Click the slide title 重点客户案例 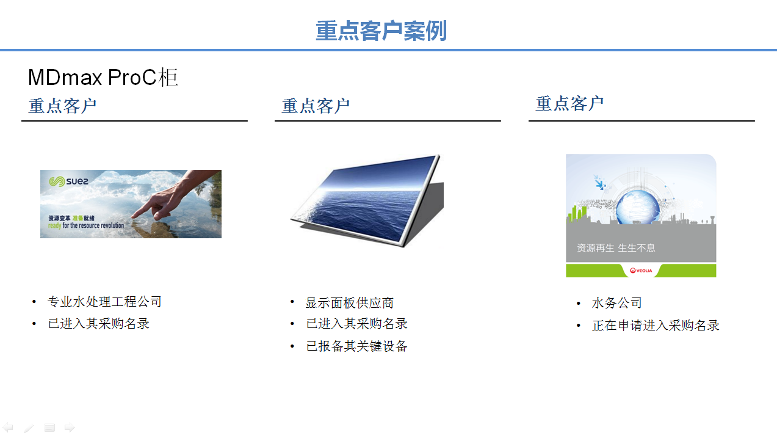click(x=381, y=31)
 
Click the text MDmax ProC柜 click(x=103, y=77)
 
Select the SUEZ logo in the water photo click(x=68, y=181)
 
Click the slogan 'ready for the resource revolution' click(x=86, y=225)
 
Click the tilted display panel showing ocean click(x=367, y=200)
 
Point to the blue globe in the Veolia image click(x=638, y=208)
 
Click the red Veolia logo click(x=641, y=271)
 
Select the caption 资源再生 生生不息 click(x=616, y=248)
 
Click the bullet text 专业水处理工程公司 click(x=104, y=302)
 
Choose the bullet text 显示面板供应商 click(x=349, y=302)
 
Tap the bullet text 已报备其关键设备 click(x=356, y=346)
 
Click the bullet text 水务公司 click(x=616, y=302)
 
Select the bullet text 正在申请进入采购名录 click(x=656, y=325)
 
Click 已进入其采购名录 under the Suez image click(x=98, y=324)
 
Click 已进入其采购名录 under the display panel click(x=356, y=324)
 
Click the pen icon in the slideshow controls click(x=29, y=428)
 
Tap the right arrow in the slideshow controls click(x=70, y=428)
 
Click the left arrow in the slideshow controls click(x=8, y=428)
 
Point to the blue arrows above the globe click(x=599, y=182)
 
